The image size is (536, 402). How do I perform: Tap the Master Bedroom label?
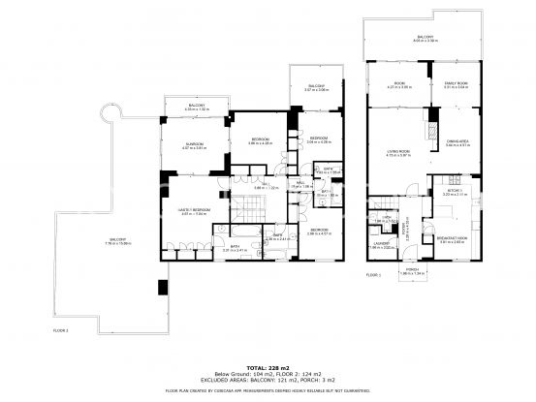point(195,210)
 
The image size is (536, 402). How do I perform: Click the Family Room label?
point(456,84)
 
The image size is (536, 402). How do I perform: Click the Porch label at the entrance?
point(411,270)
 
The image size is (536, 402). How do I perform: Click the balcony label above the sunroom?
point(196,108)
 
